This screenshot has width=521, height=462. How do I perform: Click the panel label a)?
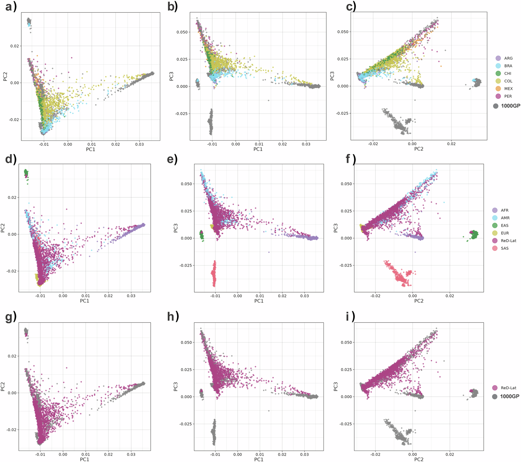tap(11, 6)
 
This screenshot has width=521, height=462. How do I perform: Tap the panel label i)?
tap(350, 317)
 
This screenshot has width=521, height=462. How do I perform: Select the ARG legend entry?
tap(508, 58)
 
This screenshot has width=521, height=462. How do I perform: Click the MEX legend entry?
tap(508, 89)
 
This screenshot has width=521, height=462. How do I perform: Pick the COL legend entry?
tap(508, 81)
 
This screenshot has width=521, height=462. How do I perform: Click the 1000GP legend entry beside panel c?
tap(510, 106)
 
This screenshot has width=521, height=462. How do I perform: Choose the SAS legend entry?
tap(504, 248)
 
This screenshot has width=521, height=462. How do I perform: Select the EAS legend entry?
tap(504, 226)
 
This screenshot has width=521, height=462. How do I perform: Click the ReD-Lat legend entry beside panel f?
tap(508, 241)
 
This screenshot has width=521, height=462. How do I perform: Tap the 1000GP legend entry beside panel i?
tap(509, 396)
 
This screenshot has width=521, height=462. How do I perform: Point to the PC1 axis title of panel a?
tap(90, 149)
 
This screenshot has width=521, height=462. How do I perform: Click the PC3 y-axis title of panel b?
tap(171, 76)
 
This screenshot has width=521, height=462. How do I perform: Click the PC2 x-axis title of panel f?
tap(419, 301)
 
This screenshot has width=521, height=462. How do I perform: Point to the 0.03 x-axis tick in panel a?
tap(139, 144)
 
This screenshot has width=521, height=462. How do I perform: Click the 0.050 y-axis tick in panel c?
tap(343, 32)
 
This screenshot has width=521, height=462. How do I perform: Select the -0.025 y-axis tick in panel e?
tap(185, 265)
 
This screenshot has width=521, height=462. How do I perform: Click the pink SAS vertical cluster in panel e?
tap(214, 274)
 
